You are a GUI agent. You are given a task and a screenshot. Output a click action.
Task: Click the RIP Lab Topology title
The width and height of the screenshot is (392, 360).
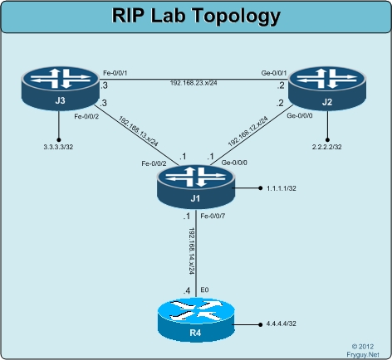(196, 17)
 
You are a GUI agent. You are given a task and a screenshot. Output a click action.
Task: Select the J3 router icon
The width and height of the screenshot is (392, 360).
(59, 87)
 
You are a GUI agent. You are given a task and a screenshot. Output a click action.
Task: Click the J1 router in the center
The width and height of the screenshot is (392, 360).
(195, 185)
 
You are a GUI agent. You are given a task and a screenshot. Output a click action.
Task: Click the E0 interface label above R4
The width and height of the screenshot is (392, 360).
(203, 288)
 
